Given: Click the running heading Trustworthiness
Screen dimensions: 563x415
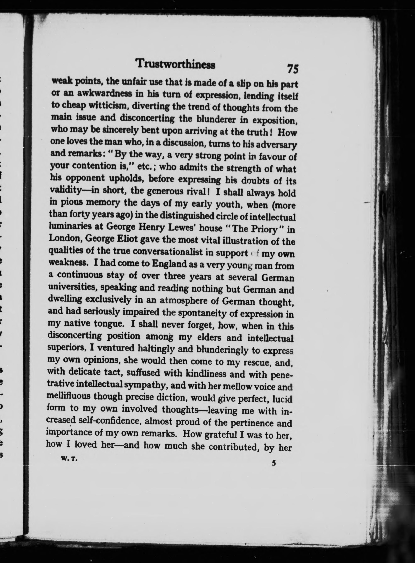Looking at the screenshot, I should [x=175, y=65].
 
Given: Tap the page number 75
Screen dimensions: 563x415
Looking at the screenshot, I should [x=293, y=69].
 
